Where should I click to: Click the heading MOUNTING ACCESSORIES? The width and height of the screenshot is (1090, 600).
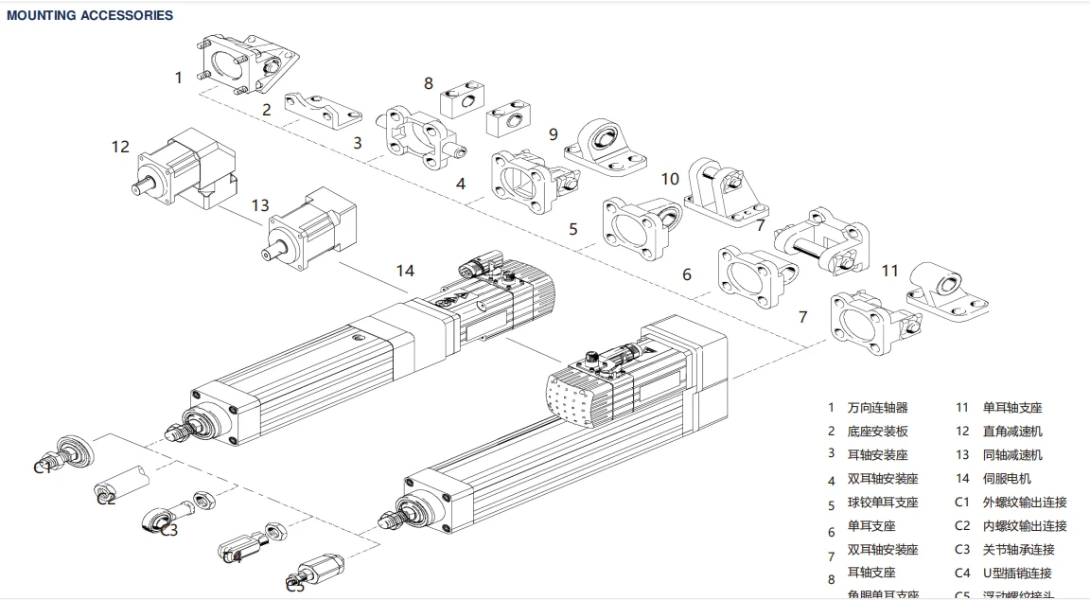(x=90, y=15)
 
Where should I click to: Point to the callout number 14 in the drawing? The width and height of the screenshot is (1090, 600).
(x=405, y=271)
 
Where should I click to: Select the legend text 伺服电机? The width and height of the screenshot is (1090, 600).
(x=1007, y=479)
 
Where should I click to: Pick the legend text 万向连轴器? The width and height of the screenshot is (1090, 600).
(x=877, y=408)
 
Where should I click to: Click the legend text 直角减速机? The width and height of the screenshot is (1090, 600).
(x=1012, y=432)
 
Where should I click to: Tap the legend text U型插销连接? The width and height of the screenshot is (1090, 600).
(x=1016, y=573)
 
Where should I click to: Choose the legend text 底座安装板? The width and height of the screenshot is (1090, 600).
(x=877, y=432)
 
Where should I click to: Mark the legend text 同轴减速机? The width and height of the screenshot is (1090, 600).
(x=1012, y=455)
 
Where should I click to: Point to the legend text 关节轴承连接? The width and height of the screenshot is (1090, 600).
(x=1018, y=549)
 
